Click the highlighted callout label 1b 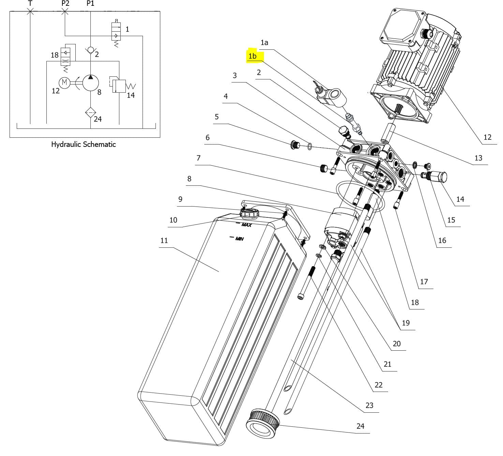click(252, 56)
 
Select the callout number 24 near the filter click(360, 426)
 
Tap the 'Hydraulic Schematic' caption click(83, 144)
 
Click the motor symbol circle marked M click(64, 82)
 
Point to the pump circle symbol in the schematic click(90, 83)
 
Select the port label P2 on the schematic click(65, 3)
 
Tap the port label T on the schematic click(30, 3)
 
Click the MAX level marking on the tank click(246, 225)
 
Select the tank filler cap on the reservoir click(249, 214)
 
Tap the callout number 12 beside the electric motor click(487, 137)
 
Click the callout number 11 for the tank click(164, 240)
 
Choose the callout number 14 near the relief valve click(460, 199)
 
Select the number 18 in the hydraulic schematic click(55, 55)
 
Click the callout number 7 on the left click(198, 158)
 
